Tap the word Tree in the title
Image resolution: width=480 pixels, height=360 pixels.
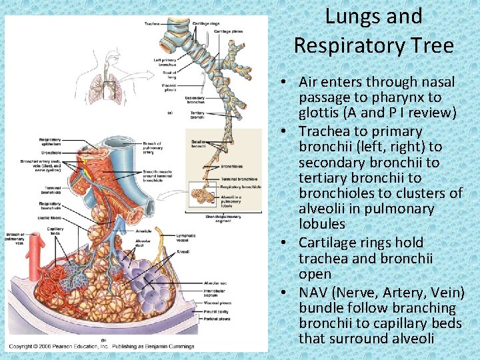point(430,45)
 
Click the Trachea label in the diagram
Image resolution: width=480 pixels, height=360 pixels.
point(151,24)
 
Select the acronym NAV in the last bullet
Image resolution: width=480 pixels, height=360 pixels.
point(315,293)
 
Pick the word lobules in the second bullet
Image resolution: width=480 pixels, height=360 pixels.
point(322,224)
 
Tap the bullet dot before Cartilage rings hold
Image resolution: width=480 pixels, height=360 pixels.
point(284,243)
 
